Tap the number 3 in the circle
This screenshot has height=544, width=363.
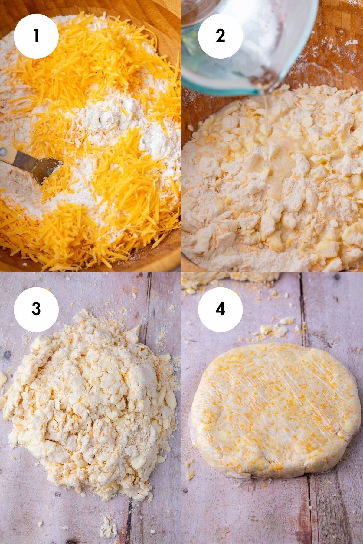click(36, 309)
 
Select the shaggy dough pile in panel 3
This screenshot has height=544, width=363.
click(91, 402)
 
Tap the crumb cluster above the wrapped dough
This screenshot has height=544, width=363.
click(274, 328)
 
